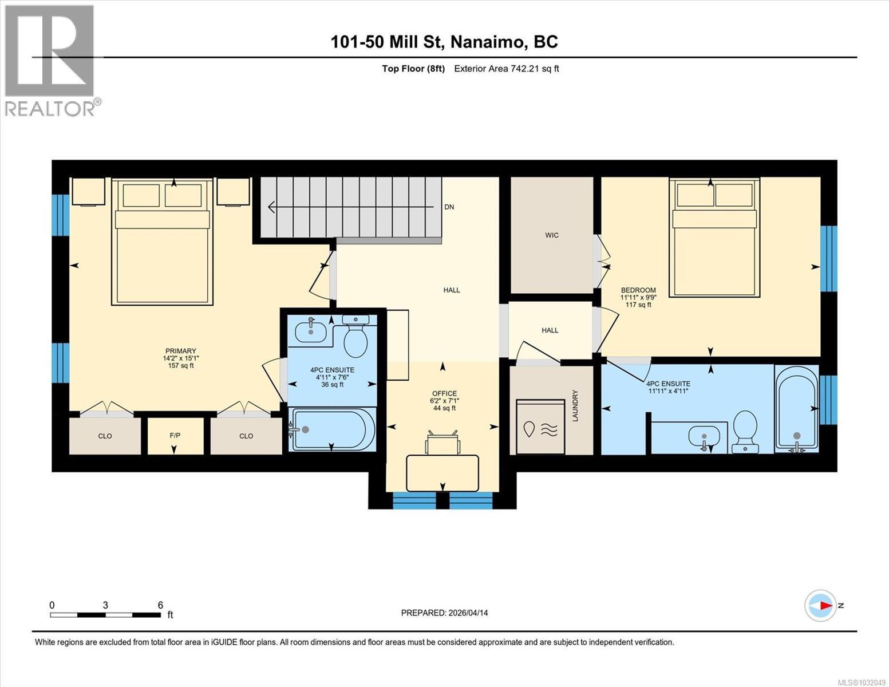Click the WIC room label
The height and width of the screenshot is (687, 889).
[552, 235]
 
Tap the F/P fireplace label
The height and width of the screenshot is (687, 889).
[175, 436]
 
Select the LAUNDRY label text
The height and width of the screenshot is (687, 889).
[576, 406]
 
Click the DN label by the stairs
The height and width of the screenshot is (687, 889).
[449, 207]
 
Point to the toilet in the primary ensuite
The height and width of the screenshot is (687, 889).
[355, 338]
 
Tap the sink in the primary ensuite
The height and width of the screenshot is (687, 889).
[310, 330]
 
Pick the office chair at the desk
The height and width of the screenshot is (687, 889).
[442, 443]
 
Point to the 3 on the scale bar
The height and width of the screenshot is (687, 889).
[105, 605]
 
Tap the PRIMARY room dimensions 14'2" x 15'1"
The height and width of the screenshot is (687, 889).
[180, 358]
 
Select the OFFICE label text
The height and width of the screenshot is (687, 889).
[444, 393]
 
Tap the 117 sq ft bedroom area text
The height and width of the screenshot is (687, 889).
[638, 305]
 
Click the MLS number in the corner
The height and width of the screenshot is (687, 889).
[862, 682]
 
